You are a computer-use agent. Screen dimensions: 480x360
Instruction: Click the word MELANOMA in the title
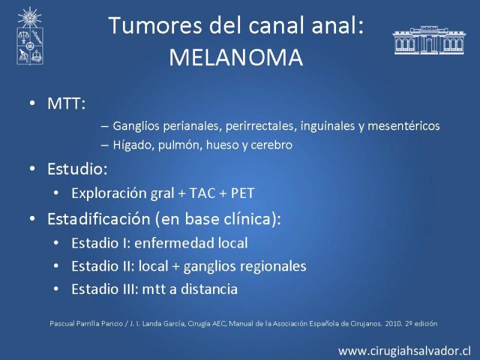pos(236,57)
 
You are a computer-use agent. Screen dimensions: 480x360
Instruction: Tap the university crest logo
pos(29,36)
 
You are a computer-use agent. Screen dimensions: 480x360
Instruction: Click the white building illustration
pos(428,40)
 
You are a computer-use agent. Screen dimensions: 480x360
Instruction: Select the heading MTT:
pos(67,103)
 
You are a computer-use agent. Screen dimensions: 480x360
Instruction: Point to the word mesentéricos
pos(404,126)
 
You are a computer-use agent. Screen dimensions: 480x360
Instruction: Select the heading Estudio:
pos(77,169)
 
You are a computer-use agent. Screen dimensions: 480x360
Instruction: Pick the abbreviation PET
pos(242,193)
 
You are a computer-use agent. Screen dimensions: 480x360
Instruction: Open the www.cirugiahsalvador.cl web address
pos(404,351)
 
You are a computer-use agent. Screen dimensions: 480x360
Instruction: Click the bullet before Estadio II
pos(56,266)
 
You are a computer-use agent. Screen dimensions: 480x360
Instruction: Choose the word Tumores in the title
pos(155,25)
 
